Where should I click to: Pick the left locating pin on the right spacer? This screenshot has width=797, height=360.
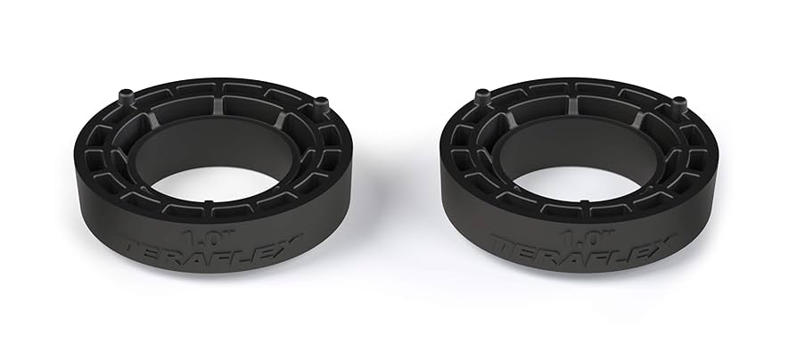click(482, 95)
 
